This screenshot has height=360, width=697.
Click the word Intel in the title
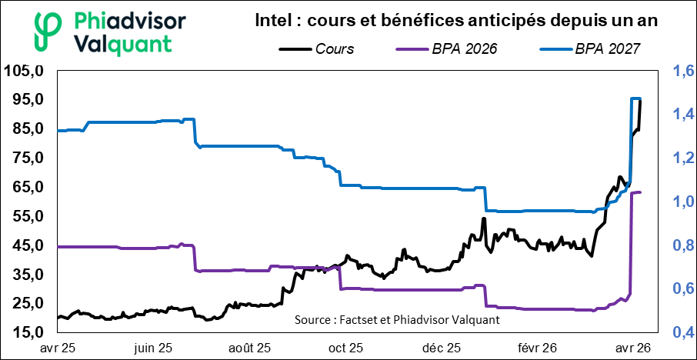[x=276, y=22]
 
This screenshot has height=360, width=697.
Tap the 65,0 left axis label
[x=25, y=187]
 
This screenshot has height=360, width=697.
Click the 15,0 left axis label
[x=25, y=332]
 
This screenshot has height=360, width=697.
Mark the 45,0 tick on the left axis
[x=25, y=245]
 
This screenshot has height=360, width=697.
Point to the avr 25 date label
[x=58, y=347]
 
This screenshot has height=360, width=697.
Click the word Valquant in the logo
[x=127, y=43]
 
